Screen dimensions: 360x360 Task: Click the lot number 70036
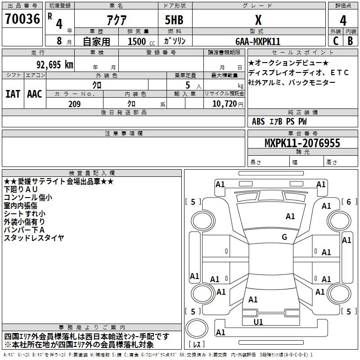click(22, 19)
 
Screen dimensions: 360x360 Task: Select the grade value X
click(258, 20)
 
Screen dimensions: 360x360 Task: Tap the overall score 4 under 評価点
click(343, 20)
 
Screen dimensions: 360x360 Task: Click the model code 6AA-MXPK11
click(258, 41)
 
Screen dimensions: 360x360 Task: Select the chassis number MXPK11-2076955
click(302, 144)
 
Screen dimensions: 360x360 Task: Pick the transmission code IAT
click(12, 94)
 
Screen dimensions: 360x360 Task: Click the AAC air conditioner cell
click(34, 94)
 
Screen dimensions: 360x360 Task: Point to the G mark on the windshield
click(284, 237)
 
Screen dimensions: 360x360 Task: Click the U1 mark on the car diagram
click(258, 322)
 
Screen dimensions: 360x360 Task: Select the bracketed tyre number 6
click(348, 202)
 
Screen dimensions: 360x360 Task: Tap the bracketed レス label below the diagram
click(197, 345)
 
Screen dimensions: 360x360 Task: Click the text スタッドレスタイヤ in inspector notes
click(34, 238)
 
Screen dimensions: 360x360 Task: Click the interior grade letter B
click(350, 41)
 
